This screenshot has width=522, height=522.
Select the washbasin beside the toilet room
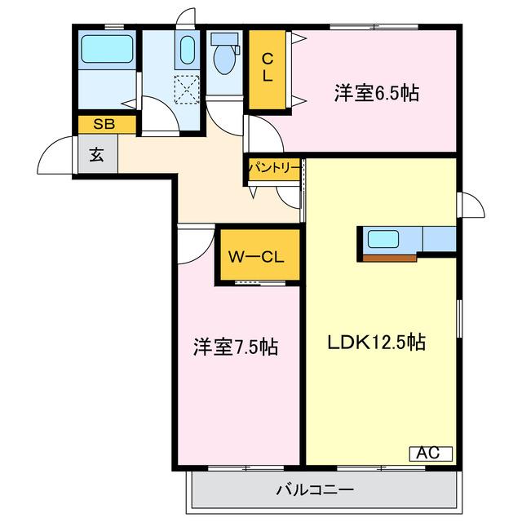coord(187,52)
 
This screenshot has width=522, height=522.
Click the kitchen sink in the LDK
coord(383,240)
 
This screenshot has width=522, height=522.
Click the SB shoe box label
coord(103,124)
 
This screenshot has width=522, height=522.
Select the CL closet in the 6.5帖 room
coord(267,71)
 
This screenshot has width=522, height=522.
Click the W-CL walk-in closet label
coord(255,257)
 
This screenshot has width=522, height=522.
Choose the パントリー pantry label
coord(274,169)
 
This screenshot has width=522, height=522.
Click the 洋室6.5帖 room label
coord(376,93)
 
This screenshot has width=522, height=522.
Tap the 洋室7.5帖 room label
coord(236,347)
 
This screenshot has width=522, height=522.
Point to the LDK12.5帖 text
coord(376,342)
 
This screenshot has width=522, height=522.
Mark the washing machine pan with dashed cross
coord(187,88)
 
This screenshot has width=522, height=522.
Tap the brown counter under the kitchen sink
coord(390,258)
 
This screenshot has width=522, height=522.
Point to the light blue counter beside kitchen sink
coord(439,240)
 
